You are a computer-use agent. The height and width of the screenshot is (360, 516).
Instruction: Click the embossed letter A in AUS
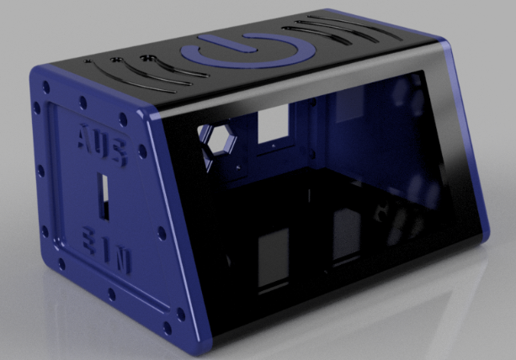85,135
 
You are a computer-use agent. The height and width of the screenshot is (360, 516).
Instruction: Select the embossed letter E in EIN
89,241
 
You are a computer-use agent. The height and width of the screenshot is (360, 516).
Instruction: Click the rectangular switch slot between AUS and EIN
104,197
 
